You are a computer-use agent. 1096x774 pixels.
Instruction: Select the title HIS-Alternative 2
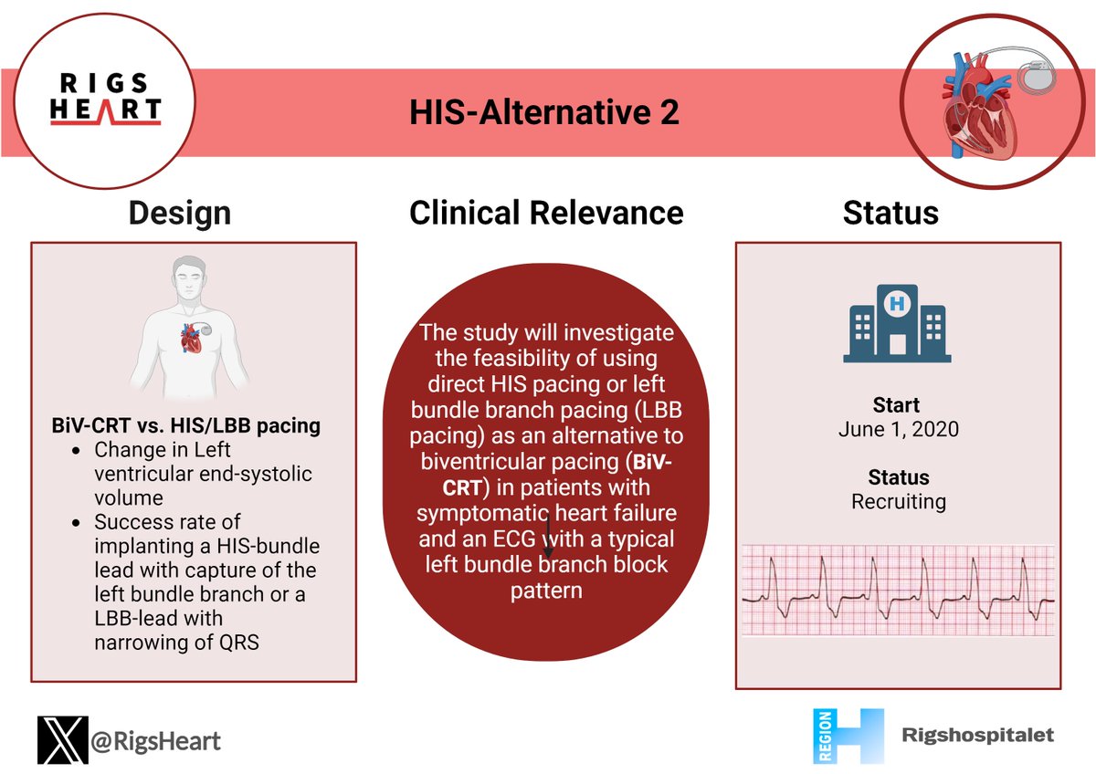543,114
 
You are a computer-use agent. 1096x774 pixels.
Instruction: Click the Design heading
179,213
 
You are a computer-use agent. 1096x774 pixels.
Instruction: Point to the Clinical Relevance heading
546,213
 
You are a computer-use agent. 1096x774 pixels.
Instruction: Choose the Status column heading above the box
890,213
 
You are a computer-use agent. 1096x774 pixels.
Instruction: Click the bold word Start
896,404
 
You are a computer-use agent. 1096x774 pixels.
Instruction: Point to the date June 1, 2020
898,428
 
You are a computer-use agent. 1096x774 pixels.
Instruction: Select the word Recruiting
898,501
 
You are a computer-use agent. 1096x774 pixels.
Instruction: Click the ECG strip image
898,590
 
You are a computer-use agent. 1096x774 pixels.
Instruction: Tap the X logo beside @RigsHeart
62,739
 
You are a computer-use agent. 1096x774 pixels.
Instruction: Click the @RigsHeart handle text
155,740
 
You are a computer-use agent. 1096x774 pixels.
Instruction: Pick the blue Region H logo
847,736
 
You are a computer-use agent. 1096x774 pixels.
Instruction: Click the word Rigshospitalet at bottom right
977,735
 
